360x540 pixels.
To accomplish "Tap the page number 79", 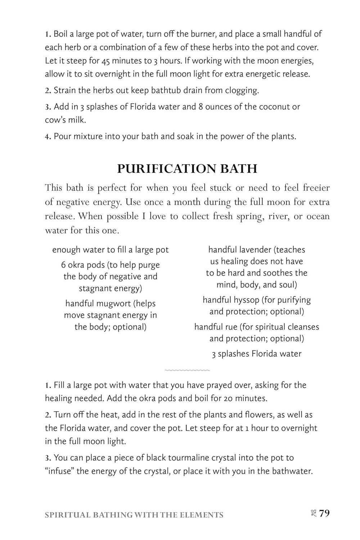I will tap(324, 513).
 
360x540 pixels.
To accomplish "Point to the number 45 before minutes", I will tap(105, 60).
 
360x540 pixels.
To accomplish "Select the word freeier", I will tap(316, 188).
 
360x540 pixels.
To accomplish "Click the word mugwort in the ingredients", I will tap(114, 303).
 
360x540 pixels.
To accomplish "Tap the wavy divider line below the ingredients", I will tap(187, 370).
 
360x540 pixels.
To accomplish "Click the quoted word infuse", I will tap(59, 471).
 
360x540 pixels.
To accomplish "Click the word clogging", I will tap(242, 90).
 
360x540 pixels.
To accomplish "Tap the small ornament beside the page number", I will tap(312, 513).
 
